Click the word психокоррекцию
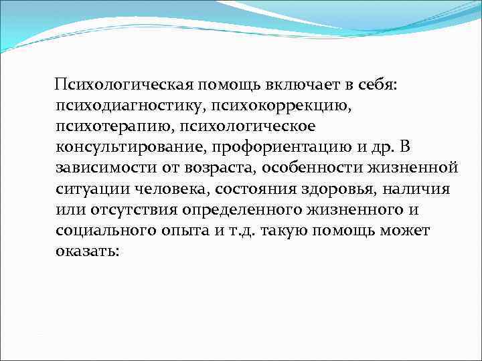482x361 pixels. pos(274,106)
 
